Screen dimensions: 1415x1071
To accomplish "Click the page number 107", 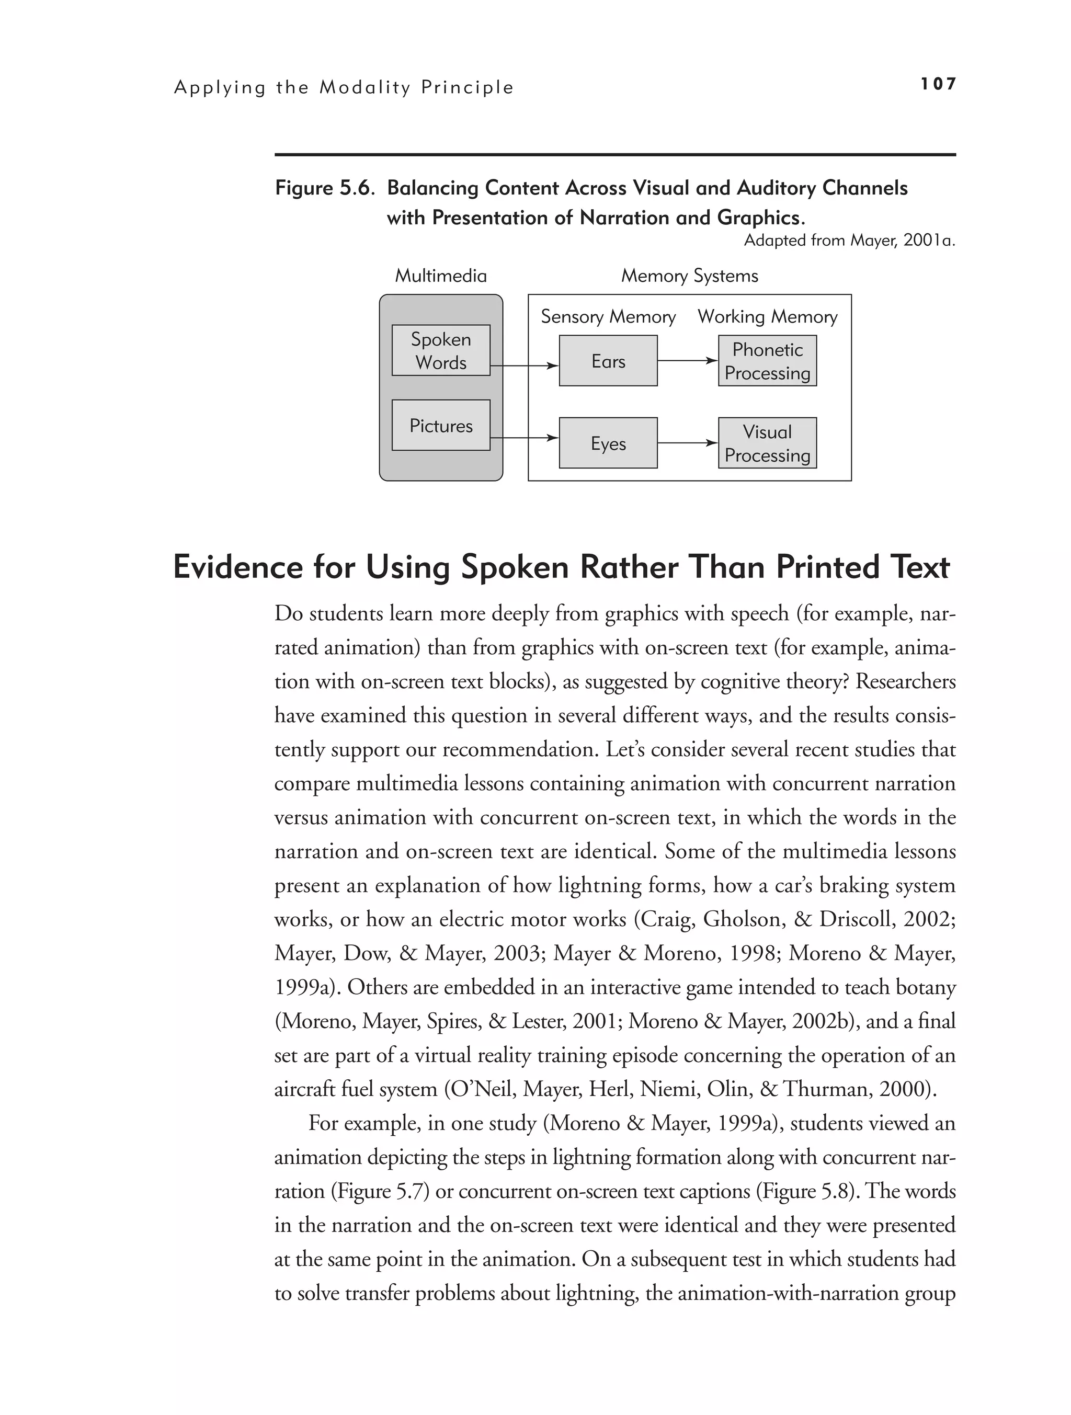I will (x=938, y=84).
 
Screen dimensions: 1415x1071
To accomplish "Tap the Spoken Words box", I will (x=441, y=350).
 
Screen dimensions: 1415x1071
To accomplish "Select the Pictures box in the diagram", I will (x=441, y=426).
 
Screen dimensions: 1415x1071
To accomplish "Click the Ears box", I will (x=608, y=361).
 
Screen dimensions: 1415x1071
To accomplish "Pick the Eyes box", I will (x=608, y=443).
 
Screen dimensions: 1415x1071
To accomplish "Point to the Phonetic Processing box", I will (x=767, y=361).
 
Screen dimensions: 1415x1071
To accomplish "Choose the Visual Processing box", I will (x=767, y=443).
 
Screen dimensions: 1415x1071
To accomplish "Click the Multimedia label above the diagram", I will (x=441, y=276).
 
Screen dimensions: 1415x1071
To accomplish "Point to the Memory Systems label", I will (x=690, y=276).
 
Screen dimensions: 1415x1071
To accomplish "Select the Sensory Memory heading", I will (x=608, y=317).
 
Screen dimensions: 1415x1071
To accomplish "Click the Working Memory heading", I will (x=767, y=317).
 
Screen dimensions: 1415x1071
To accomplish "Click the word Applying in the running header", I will (x=220, y=88).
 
